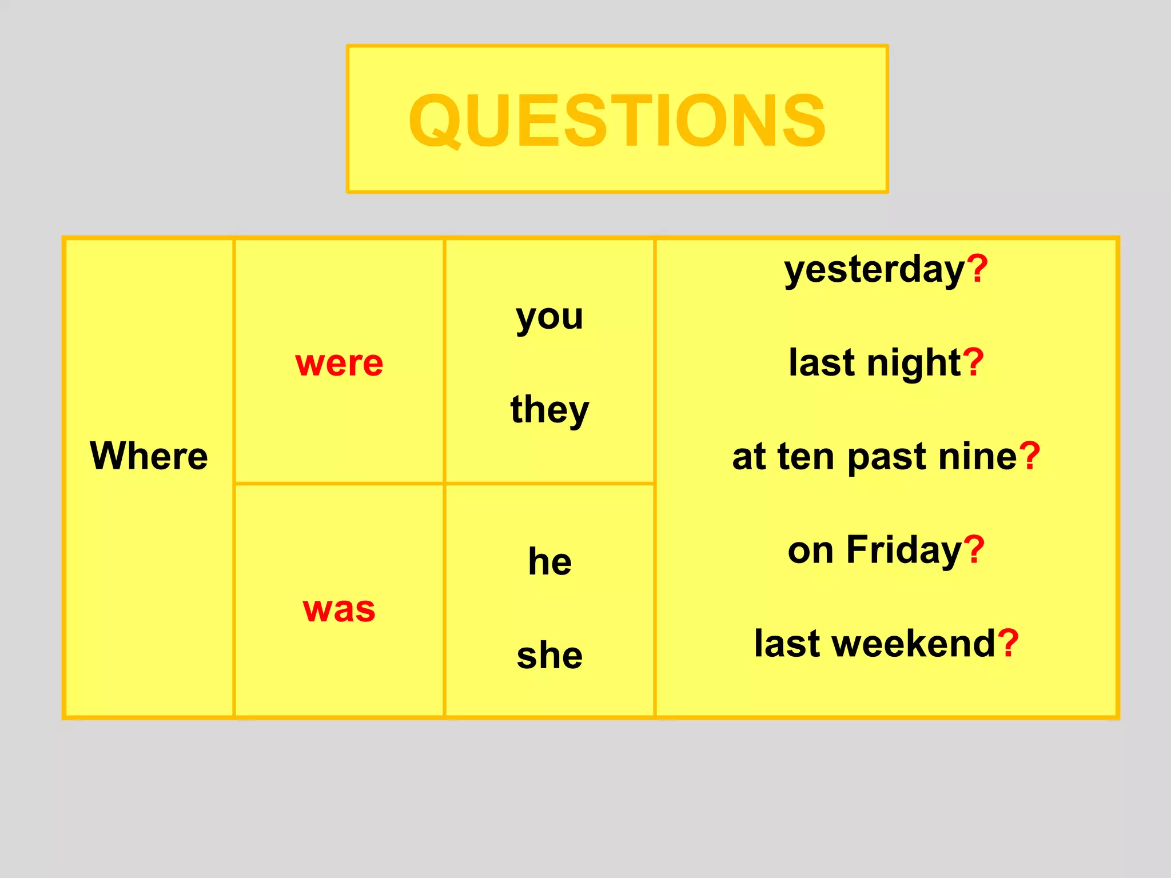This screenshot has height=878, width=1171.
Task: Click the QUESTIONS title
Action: (617, 121)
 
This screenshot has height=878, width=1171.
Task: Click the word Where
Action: (149, 456)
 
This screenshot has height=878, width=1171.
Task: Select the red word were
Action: (339, 363)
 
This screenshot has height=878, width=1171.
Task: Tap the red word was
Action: (339, 609)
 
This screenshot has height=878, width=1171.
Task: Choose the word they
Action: (549, 410)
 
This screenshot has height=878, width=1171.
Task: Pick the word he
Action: (549, 561)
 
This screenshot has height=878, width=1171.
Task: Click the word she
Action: (549, 655)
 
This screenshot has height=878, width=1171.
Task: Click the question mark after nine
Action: (1029, 456)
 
